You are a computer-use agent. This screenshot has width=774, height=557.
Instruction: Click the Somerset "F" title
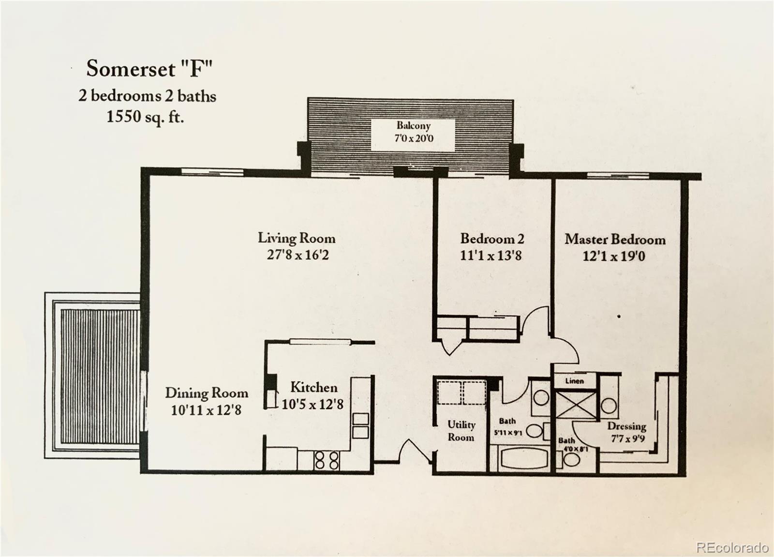pyautogui.click(x=149, y=69)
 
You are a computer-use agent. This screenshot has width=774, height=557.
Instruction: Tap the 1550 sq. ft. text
pyautogui.click(x=145, y=117)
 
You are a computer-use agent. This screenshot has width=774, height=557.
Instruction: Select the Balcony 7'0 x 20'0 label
pyautogui.click(x=414, y=132)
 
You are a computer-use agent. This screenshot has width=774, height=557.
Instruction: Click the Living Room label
pyautogui.click(x=296, y=238)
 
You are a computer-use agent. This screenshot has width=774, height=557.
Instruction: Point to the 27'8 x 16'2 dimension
pyautogui.click(x=298, y=255)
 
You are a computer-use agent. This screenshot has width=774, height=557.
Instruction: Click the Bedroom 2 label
pyautogui.click(x=491, y=239)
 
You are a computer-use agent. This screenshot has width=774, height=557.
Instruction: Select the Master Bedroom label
pyautogui.click(x=615, y=240)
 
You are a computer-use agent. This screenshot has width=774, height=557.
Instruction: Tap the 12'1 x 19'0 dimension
pyautogui.click(x=613, y=256)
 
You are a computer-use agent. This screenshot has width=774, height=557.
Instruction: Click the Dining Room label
pyautogui.click(x=207, y=393)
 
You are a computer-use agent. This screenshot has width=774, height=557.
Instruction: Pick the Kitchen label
pyautogui.click(x=313, y=388)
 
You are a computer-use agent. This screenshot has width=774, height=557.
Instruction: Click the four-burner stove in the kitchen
pyautogui.click(x=327, y=460)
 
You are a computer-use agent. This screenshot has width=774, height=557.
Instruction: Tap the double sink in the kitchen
pyautogui.click(x=360, y=425)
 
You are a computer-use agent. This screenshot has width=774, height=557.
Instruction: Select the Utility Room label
pyautogui.click(x=461, y=431)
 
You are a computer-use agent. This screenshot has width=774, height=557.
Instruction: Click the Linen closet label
pyautogui.click(x=574, y=381)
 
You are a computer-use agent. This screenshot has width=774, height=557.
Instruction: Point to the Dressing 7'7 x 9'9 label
pyautogui.click(x=626, y=432)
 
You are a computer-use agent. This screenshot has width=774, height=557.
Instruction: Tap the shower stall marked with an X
pyautogui.click(x=575, y=405)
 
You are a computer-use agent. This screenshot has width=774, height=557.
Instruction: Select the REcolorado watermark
pyautogui.click(x=731, y=547)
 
